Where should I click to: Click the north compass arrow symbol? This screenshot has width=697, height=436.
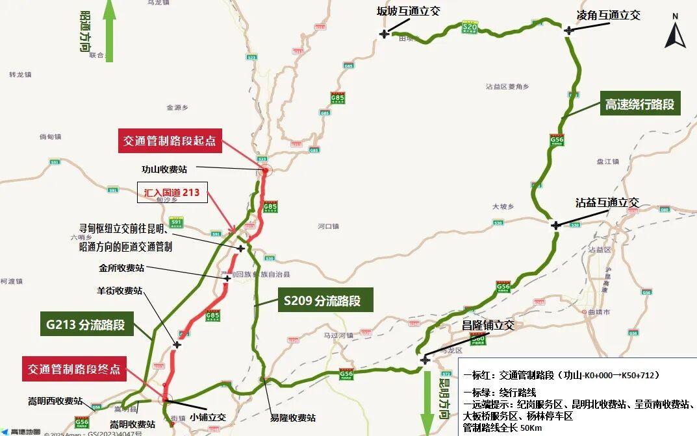(x=675, y=36)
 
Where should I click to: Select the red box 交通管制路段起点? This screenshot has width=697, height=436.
(x=170, y=140)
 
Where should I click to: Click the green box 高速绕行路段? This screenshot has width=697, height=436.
(x=640, y=104)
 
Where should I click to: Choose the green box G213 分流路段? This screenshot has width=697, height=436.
(x=86, y=324)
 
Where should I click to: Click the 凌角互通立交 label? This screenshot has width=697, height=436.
(x=609, y=15)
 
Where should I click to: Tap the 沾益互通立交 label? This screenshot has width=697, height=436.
(x=607, y=202)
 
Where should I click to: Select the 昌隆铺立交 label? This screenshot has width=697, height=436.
(x=488, y=325)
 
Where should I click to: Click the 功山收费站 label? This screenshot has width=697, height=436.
(x=164, y=169)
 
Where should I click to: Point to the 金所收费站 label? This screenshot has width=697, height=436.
(x=121, y=267)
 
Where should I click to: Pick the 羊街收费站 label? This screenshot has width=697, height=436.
(x=120, y=291)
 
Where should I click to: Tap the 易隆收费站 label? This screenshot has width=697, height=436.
(x=293, y=418)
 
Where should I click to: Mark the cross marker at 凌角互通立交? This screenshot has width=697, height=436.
(x=569, y=30)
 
